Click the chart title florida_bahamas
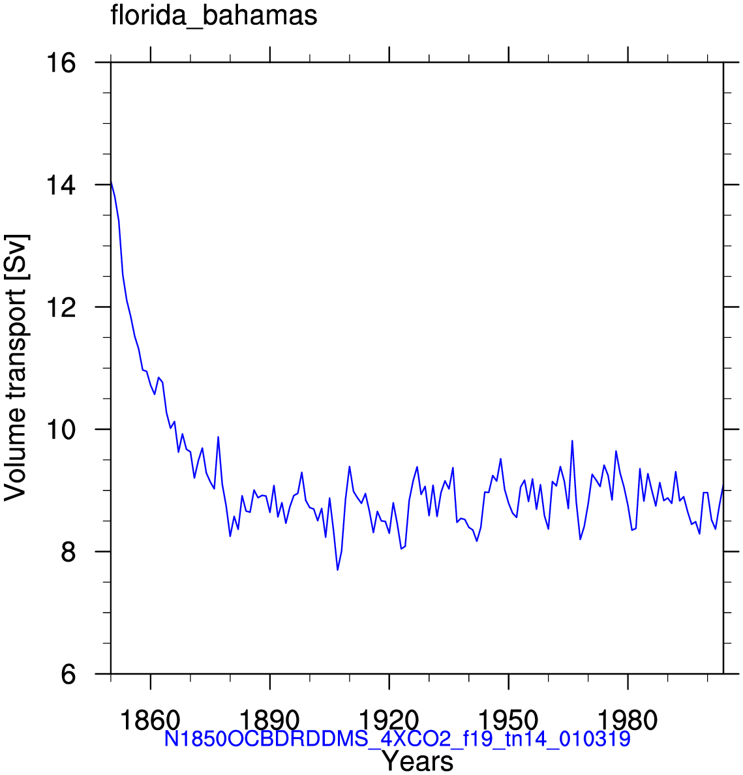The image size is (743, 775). coord(213,16)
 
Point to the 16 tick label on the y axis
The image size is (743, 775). coord(61,63)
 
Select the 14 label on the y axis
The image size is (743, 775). coord(61,185)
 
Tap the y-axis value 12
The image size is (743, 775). coord(61,307)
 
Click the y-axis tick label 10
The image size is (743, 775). coord(61,429)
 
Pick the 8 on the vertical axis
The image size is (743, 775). coord(68,552)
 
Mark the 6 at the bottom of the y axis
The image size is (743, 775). coord(68,674)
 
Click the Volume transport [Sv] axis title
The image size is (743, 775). coord(16,368)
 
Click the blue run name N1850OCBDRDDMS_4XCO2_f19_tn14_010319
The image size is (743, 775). coord(397,739)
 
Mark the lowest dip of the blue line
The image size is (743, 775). coord(338,570)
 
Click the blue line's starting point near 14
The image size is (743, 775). coord(111,181)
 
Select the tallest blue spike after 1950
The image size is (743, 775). coord(572,441)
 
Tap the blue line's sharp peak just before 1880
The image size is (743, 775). coord(218,437)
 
